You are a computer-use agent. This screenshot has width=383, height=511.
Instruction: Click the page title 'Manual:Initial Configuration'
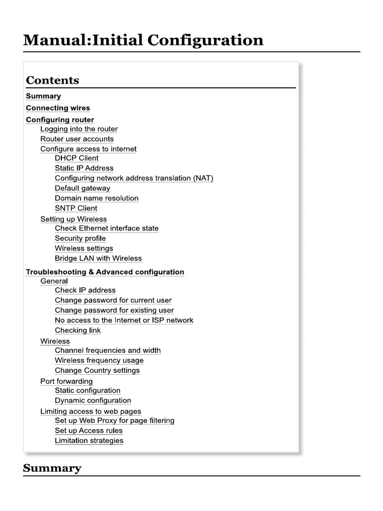click(x=143, y=39)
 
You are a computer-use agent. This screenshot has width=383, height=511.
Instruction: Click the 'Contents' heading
click(x=52, y=80)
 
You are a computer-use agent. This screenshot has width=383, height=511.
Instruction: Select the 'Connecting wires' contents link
click(x=58, y=108)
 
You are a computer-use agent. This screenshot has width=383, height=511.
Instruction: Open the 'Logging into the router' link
click(x=79, y=129)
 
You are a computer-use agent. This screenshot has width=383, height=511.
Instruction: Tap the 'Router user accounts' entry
click(x=77, y=139)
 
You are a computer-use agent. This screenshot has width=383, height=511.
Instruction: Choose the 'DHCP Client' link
click(x=77, y=158)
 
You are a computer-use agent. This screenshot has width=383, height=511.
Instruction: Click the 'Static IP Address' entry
click(x=84, y=168)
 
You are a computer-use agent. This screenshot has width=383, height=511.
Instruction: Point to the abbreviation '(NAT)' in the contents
click(x=203, y=178)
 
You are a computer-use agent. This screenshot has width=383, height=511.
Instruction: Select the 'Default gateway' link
click(x=82, y=188)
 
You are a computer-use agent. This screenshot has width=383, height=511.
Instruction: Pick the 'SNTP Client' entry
click(x=76, y=208)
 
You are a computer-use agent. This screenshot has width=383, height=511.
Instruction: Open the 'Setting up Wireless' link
click(x=73, y=219)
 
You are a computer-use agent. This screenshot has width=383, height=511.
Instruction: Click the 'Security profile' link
click(x=80, y=238)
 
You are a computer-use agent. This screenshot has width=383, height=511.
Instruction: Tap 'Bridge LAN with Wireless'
click(x=98, y=258)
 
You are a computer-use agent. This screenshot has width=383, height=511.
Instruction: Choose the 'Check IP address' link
click(x=85, y=290)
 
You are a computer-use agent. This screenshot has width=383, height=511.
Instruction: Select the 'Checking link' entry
click(x=78, y=330)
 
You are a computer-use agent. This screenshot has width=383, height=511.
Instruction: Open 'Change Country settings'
click(x=97, y=370)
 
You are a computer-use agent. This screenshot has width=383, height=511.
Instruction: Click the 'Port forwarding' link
click(x=66, y=381)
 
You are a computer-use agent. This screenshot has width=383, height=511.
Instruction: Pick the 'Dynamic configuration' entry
click(x=93, y=400)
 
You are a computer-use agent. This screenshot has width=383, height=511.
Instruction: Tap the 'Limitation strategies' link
click(x=89, y=441)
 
